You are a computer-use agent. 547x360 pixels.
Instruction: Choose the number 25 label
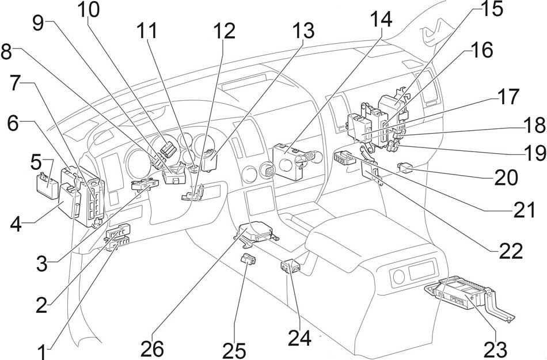[235, 350]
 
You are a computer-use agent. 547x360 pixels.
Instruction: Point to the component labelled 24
[290, 267]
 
